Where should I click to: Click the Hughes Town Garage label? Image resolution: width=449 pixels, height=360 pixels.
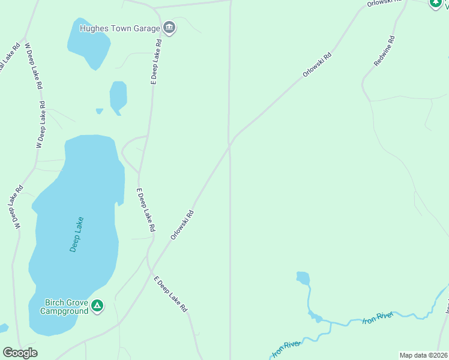coord(119,28)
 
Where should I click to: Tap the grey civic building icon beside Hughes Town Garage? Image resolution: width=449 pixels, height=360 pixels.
coord(169,28)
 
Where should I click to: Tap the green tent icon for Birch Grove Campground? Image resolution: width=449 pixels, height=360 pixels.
coord(97,306)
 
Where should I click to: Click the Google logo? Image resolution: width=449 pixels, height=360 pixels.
coord(20,353)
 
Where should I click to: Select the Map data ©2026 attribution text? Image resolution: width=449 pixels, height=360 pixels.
coord(423,355)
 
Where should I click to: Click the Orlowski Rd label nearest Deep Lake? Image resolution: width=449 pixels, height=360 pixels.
coord(182,224)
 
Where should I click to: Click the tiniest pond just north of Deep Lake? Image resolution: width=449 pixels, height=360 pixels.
coord(99,110)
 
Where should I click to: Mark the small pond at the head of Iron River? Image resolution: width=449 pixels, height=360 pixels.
coord(303,278)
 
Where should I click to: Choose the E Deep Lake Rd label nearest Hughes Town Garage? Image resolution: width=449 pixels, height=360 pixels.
coord(156,62)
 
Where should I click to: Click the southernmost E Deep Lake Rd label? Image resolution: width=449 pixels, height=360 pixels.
coord(171,294)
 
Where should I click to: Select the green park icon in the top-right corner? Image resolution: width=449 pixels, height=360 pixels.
coord(435,3)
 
